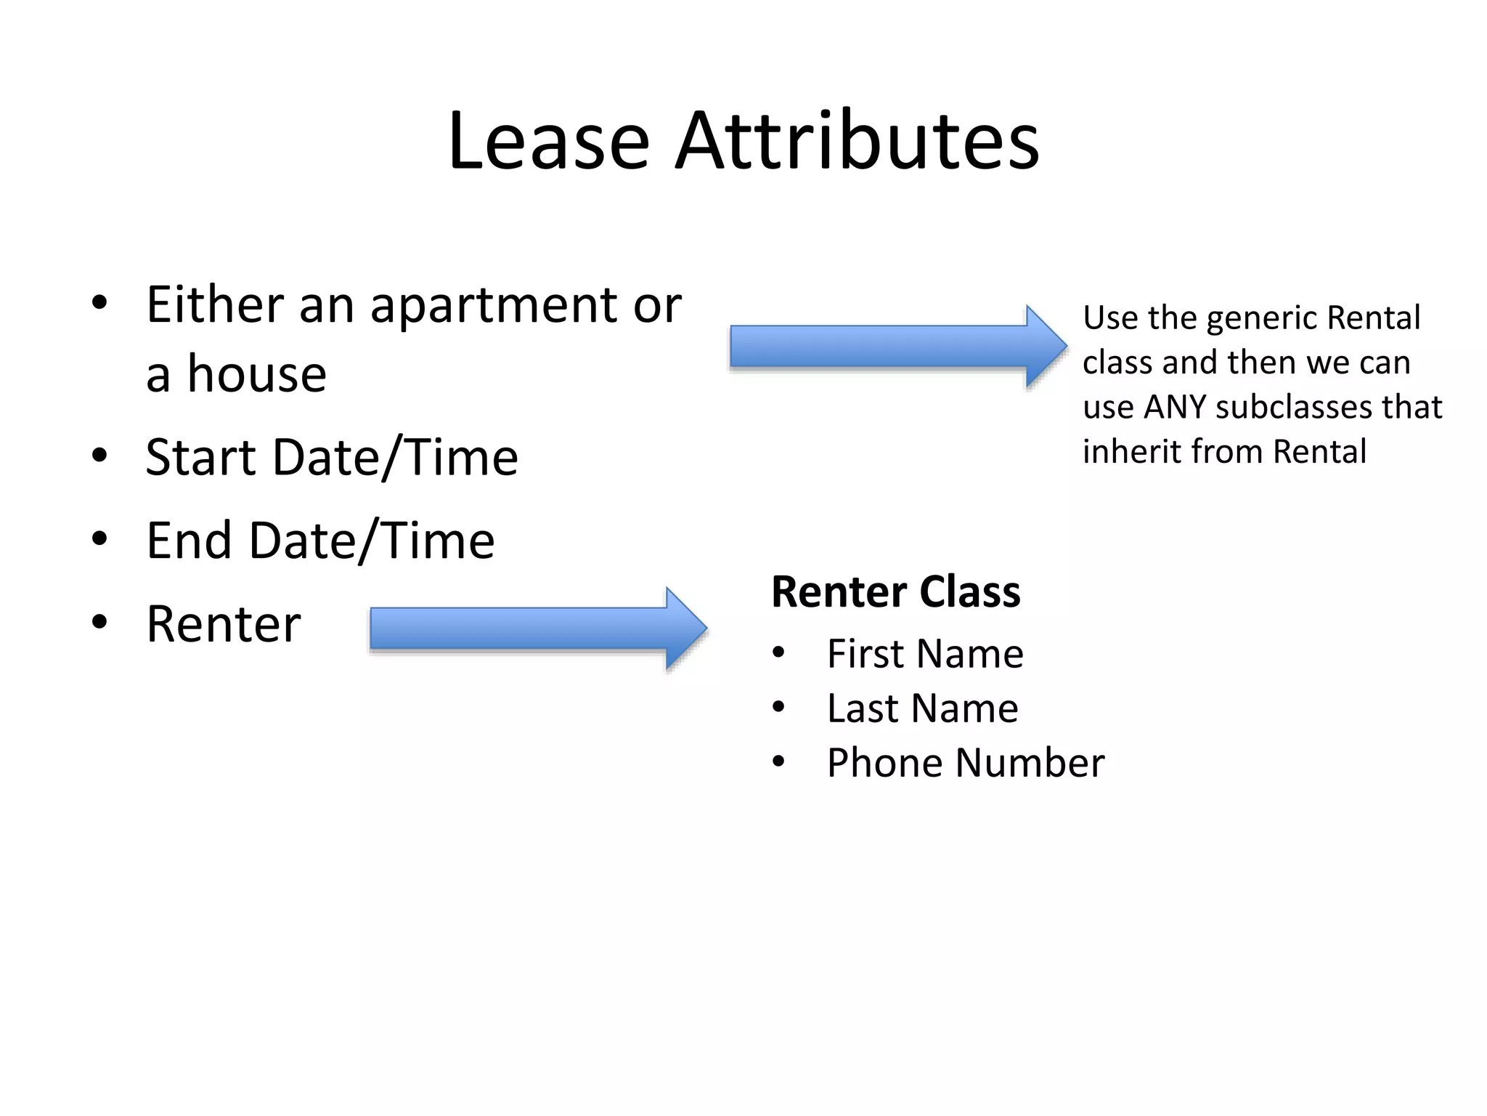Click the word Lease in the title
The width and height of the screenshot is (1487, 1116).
point(548,141)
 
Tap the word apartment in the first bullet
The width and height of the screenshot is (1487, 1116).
point(493,305)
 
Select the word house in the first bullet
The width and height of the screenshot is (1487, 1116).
point(257,374)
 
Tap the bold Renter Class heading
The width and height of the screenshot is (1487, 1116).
point(895,592)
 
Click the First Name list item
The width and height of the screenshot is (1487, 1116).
point(924,654)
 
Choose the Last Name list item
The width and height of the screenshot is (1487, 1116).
point(922,708)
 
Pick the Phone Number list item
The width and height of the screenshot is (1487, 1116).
point(965,763)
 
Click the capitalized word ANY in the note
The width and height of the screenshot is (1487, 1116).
point(1174,408)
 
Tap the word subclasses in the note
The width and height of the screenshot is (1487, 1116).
point(1293,408)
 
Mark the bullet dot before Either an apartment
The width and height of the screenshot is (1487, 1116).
point(100,302)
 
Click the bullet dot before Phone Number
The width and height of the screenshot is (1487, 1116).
point(778,761)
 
